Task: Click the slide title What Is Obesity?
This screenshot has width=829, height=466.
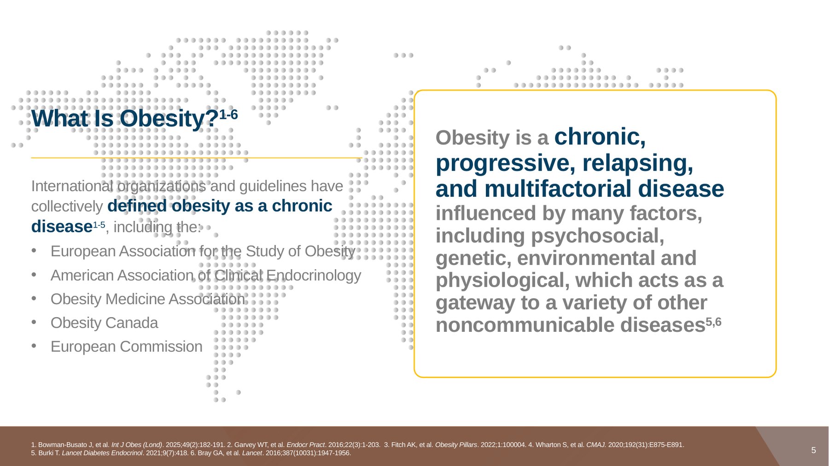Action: click(125, 118)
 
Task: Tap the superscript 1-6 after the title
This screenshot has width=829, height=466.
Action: click(228, 114)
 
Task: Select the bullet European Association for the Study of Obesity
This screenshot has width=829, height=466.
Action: click(203, 251)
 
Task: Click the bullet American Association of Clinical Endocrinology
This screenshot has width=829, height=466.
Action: click(206, 275)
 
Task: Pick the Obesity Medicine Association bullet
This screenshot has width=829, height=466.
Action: click(148, 299)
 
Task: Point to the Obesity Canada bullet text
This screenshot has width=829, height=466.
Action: click(104, 323)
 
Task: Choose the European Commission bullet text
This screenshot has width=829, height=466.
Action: click(127, 347)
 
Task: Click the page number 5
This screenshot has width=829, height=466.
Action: click(813, 450)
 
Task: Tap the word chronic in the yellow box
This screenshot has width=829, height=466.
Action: click(600, 137)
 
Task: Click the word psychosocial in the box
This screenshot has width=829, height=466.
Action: click(598, 236)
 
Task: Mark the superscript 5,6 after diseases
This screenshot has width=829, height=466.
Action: click(713, 322)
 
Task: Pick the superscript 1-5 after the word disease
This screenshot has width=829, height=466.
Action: click(99, 224)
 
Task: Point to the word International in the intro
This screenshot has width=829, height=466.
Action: click(72, 186)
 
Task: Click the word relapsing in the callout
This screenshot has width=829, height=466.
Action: click(638, 163)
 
